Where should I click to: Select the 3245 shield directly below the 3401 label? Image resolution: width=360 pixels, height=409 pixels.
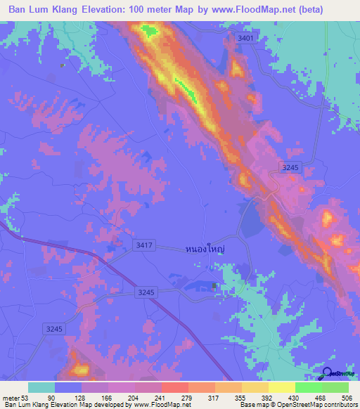(x=289, y=167)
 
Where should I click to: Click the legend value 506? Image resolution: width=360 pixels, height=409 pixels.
(x=346, y=397)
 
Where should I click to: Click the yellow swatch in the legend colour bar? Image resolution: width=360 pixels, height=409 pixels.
(x=281, y=387)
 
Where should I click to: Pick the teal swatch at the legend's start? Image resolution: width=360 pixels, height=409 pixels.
(x=41, y=387)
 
